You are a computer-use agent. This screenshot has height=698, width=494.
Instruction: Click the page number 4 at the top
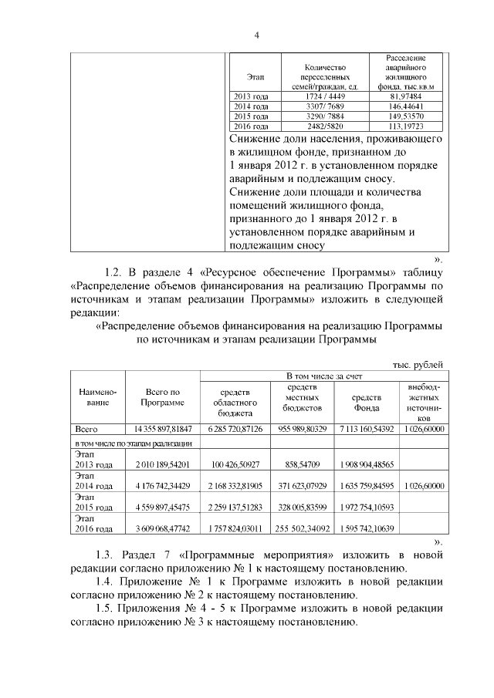pyautogui.click(x=257, y=35)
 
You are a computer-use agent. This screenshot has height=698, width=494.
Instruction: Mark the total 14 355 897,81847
pyautogui.click(x=162, y=428)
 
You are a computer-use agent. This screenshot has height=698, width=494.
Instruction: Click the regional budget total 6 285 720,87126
pyautogui.click(x=235, y=428)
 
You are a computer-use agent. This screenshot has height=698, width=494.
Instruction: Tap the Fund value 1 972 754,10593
pyautogui.click(x=367, y=507)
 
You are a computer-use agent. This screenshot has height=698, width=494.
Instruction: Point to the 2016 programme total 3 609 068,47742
pyautogui.click(x=162, y=529)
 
